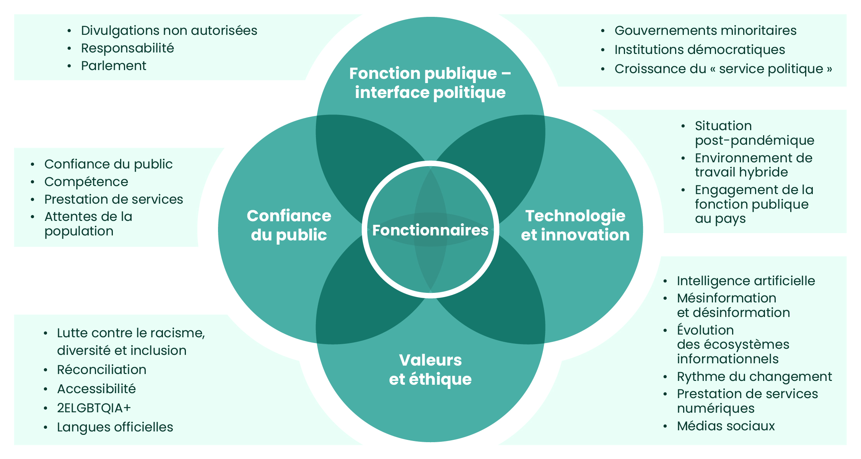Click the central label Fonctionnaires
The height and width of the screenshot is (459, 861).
[x=430, y=230]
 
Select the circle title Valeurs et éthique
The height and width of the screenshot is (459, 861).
[x=430, y=369]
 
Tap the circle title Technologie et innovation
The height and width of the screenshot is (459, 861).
[x=575, y=225]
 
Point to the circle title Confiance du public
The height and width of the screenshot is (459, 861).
[x=289, y=225]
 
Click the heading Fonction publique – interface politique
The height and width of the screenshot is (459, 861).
[x=430, y=83]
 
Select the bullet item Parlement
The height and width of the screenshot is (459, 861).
[x=114, y=66]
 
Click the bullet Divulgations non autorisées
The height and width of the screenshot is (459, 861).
[x=169, y=31]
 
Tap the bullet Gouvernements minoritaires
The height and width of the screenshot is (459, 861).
[x=705, y=31]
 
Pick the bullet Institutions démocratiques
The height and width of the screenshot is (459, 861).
[x=700, y=50]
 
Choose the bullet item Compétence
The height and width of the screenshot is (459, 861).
[x=86, y=182]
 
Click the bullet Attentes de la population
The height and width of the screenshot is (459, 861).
[x=88, y=224]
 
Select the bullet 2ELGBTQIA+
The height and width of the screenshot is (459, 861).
[x=94, y=408]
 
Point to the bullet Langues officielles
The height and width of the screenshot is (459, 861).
[x=115, y=427]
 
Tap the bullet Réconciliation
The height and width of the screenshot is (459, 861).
[x=101, y=370]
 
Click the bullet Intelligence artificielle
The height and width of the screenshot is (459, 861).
[x=746, y=281]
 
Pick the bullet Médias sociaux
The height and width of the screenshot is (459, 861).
[x=726, y=426]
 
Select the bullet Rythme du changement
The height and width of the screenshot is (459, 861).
[x=754, y=377]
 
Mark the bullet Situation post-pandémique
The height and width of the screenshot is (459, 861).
[x=754, y=133]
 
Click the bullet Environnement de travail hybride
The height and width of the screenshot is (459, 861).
[x=753, y=165]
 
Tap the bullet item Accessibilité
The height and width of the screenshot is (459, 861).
[x=96, y=389]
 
